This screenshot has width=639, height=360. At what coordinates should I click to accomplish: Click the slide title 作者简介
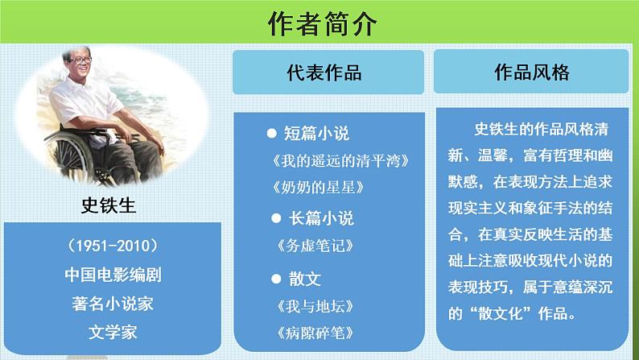(322, 23)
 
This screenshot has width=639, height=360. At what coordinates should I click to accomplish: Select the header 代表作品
(324, 72)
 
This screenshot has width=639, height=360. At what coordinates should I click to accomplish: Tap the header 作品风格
(532, 72)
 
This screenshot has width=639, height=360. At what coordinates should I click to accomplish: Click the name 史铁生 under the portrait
(109, 205)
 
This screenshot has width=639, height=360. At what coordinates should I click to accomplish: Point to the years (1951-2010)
(113, 246)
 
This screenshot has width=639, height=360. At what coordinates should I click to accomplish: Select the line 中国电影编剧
(113, 275)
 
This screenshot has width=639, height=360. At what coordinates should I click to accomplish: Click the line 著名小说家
(113, 304)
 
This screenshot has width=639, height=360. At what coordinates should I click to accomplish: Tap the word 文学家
(113, 333)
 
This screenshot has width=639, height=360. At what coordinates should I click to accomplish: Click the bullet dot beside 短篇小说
(271, 134)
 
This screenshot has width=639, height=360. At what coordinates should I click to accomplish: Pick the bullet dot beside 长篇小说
(276, 218)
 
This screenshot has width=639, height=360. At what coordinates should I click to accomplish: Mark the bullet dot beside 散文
(276, 279)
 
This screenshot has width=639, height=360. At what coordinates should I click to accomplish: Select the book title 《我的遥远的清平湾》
(340, 161)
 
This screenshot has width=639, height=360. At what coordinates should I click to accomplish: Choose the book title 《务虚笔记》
(315, 246)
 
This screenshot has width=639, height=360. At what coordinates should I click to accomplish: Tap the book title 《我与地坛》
(315, 306)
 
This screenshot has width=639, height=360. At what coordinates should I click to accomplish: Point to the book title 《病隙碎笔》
(315, 333)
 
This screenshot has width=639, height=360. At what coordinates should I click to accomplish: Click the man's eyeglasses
(80, 60)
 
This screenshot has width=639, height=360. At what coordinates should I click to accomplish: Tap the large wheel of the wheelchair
(68, 157)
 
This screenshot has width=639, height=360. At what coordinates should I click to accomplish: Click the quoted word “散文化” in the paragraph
(500, 313)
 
